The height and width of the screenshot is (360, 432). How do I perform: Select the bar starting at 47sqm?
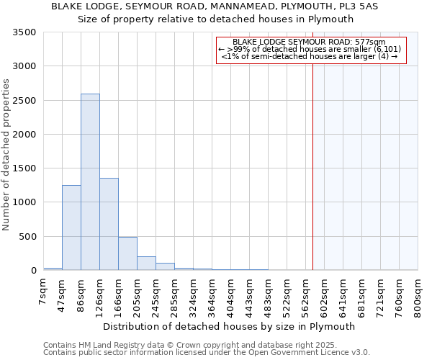(x=71, y=228)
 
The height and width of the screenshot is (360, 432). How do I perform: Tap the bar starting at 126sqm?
(x=109, y=224)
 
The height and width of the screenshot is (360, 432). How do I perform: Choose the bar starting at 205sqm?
(x=146, y=264)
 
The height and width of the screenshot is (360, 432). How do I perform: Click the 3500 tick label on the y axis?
(x=25, y=33)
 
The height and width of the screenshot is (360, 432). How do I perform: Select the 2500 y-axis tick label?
(x=25, y=101)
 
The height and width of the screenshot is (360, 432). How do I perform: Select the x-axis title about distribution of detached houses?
(x=230, y=326)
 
